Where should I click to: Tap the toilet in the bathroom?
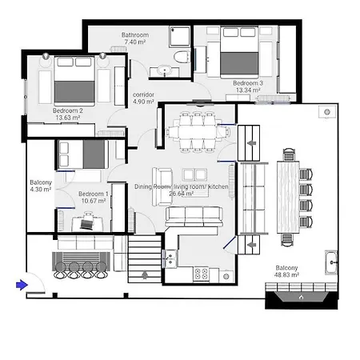(182, 57)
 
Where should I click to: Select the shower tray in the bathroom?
(181, 36)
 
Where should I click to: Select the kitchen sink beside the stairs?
(170, 258)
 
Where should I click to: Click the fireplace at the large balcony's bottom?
(301, 297)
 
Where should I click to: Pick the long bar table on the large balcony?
(286, 195)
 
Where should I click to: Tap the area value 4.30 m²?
(41, 190)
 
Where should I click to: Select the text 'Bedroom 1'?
(94, 194)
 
